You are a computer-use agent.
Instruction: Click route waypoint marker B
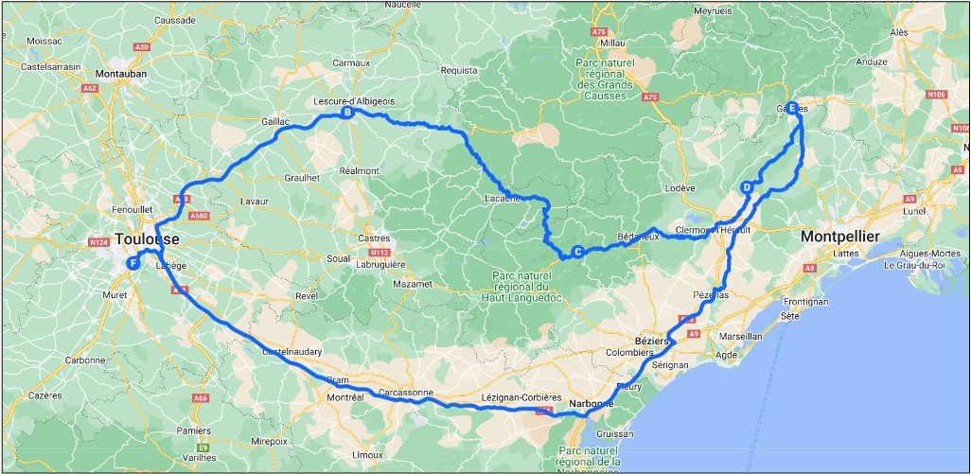[347, 114]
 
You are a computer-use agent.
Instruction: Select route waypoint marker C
[577, 252]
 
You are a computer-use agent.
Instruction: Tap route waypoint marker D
[747, 187]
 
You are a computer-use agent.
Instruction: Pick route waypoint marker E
[792, 108]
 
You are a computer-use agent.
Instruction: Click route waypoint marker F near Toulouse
[133, 264]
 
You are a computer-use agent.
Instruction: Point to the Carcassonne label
[405, 392]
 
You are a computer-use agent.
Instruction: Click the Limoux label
[367, 454]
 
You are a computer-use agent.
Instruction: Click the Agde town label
[727, 355]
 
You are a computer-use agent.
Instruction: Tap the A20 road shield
[142, 45]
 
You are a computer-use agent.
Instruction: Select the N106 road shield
[936, 95]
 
